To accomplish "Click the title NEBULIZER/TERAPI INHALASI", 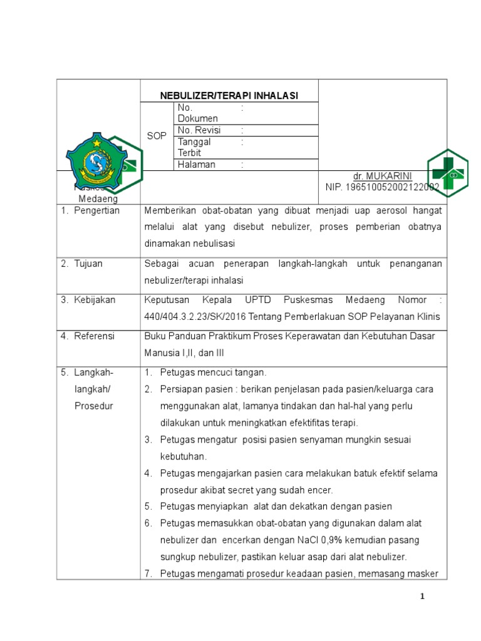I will tap(229, 96).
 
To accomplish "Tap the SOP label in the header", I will tap(157, 136).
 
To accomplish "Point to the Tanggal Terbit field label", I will tap(194, 147).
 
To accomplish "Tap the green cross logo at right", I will tap(447, 173).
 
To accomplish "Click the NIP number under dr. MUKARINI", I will tap(382, 187).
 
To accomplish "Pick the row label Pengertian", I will tap(96, 211).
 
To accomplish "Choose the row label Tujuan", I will tap(88, 264).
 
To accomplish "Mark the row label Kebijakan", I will tap(95, 300).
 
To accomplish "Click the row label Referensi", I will tap(94, 336).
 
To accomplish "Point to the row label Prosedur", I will tap(93, 406).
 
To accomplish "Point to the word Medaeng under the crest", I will tap(98, 198).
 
